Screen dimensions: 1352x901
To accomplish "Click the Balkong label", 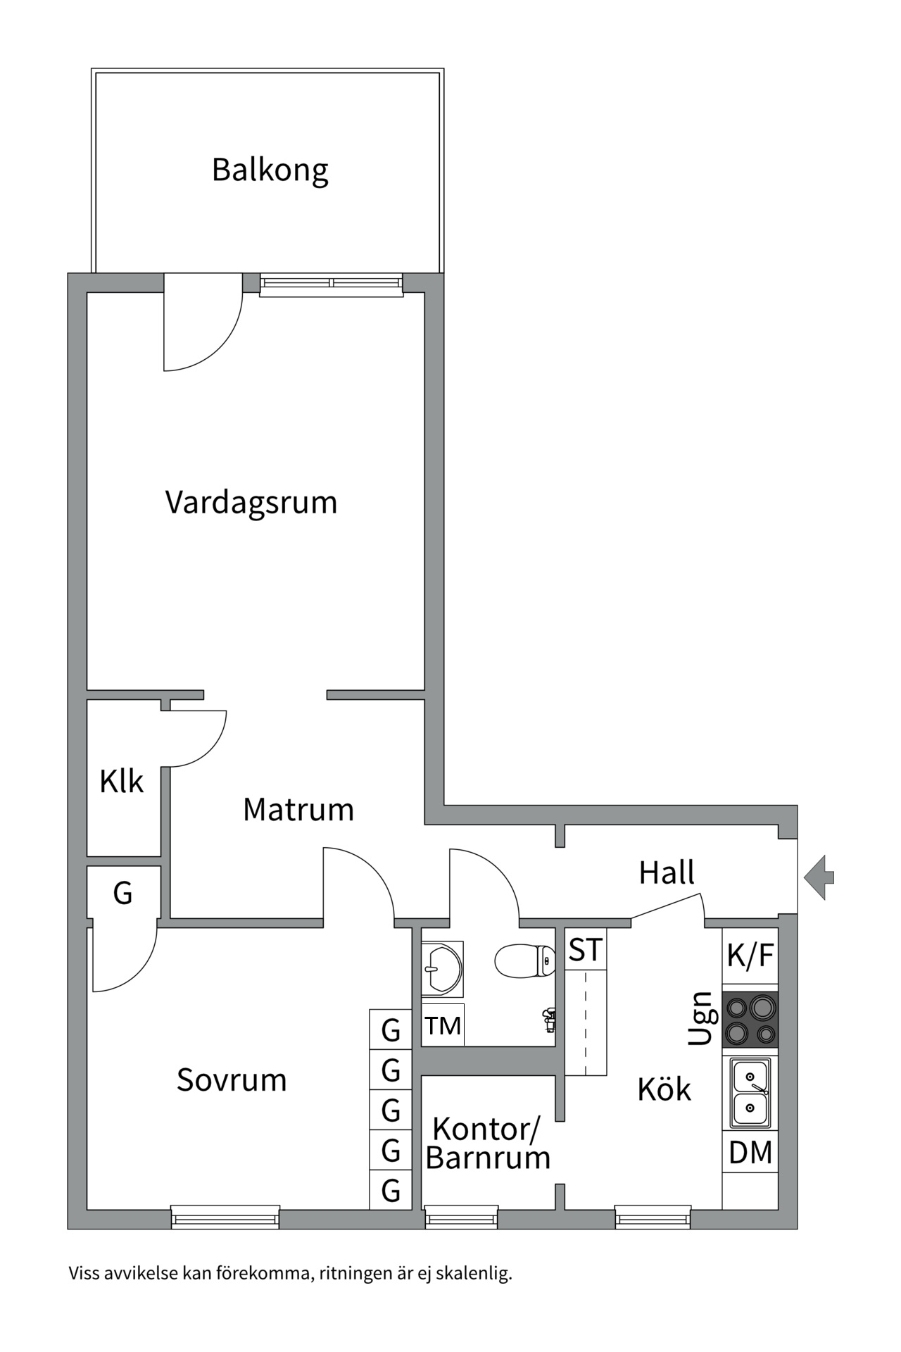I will [x=270, y=170].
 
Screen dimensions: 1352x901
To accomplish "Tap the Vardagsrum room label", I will [x=251, y=503].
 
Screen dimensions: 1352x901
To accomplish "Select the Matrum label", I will [x=298, y=810].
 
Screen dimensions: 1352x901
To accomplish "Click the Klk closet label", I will [x=121, y=782].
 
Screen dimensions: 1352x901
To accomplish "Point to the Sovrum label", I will [x=232, y=1080].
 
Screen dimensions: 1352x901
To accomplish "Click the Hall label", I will [x=666, y=873].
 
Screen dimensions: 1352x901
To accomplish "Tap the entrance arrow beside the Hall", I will [x=819, y=877].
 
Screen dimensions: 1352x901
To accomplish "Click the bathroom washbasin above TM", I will [x=442, y=969].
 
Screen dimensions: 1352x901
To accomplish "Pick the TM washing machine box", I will [x=443, y=1026].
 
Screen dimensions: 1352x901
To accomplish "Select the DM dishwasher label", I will [x=750, y=1153].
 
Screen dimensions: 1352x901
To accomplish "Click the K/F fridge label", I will [x=750, y=956].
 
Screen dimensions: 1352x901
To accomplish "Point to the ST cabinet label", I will [x=585, y=950].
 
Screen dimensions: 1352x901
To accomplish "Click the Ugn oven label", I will [x=701, y=1018].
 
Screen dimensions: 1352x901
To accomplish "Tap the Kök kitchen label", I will [x=664, y=1090].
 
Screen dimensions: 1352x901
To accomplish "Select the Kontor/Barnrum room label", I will [x=487, y=1144].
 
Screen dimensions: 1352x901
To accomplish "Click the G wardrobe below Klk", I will [x=122, y=893].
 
